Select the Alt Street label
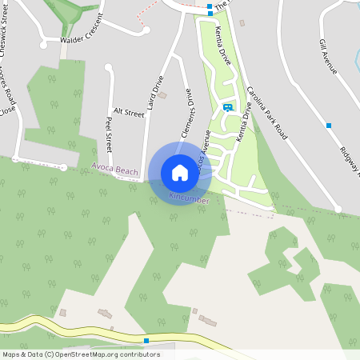click(128, 113)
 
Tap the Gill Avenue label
click(328, 56)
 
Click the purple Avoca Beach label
click(114, 170)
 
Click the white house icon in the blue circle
click(179, 173)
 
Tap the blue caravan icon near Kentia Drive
click(228, 107)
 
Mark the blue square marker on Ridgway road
click(329, 126)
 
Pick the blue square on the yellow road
click(146, 341)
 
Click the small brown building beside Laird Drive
click(163, 96)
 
